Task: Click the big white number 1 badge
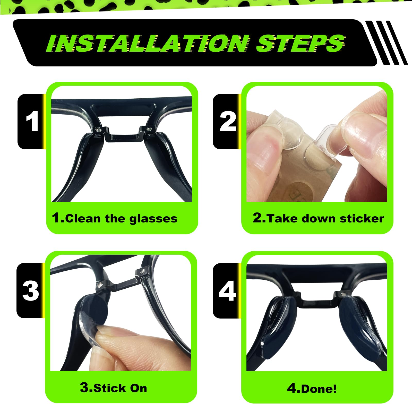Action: (32, 121)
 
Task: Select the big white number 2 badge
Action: (228, 121)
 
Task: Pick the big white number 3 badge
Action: (31, 291)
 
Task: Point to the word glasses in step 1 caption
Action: (153, 219)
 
